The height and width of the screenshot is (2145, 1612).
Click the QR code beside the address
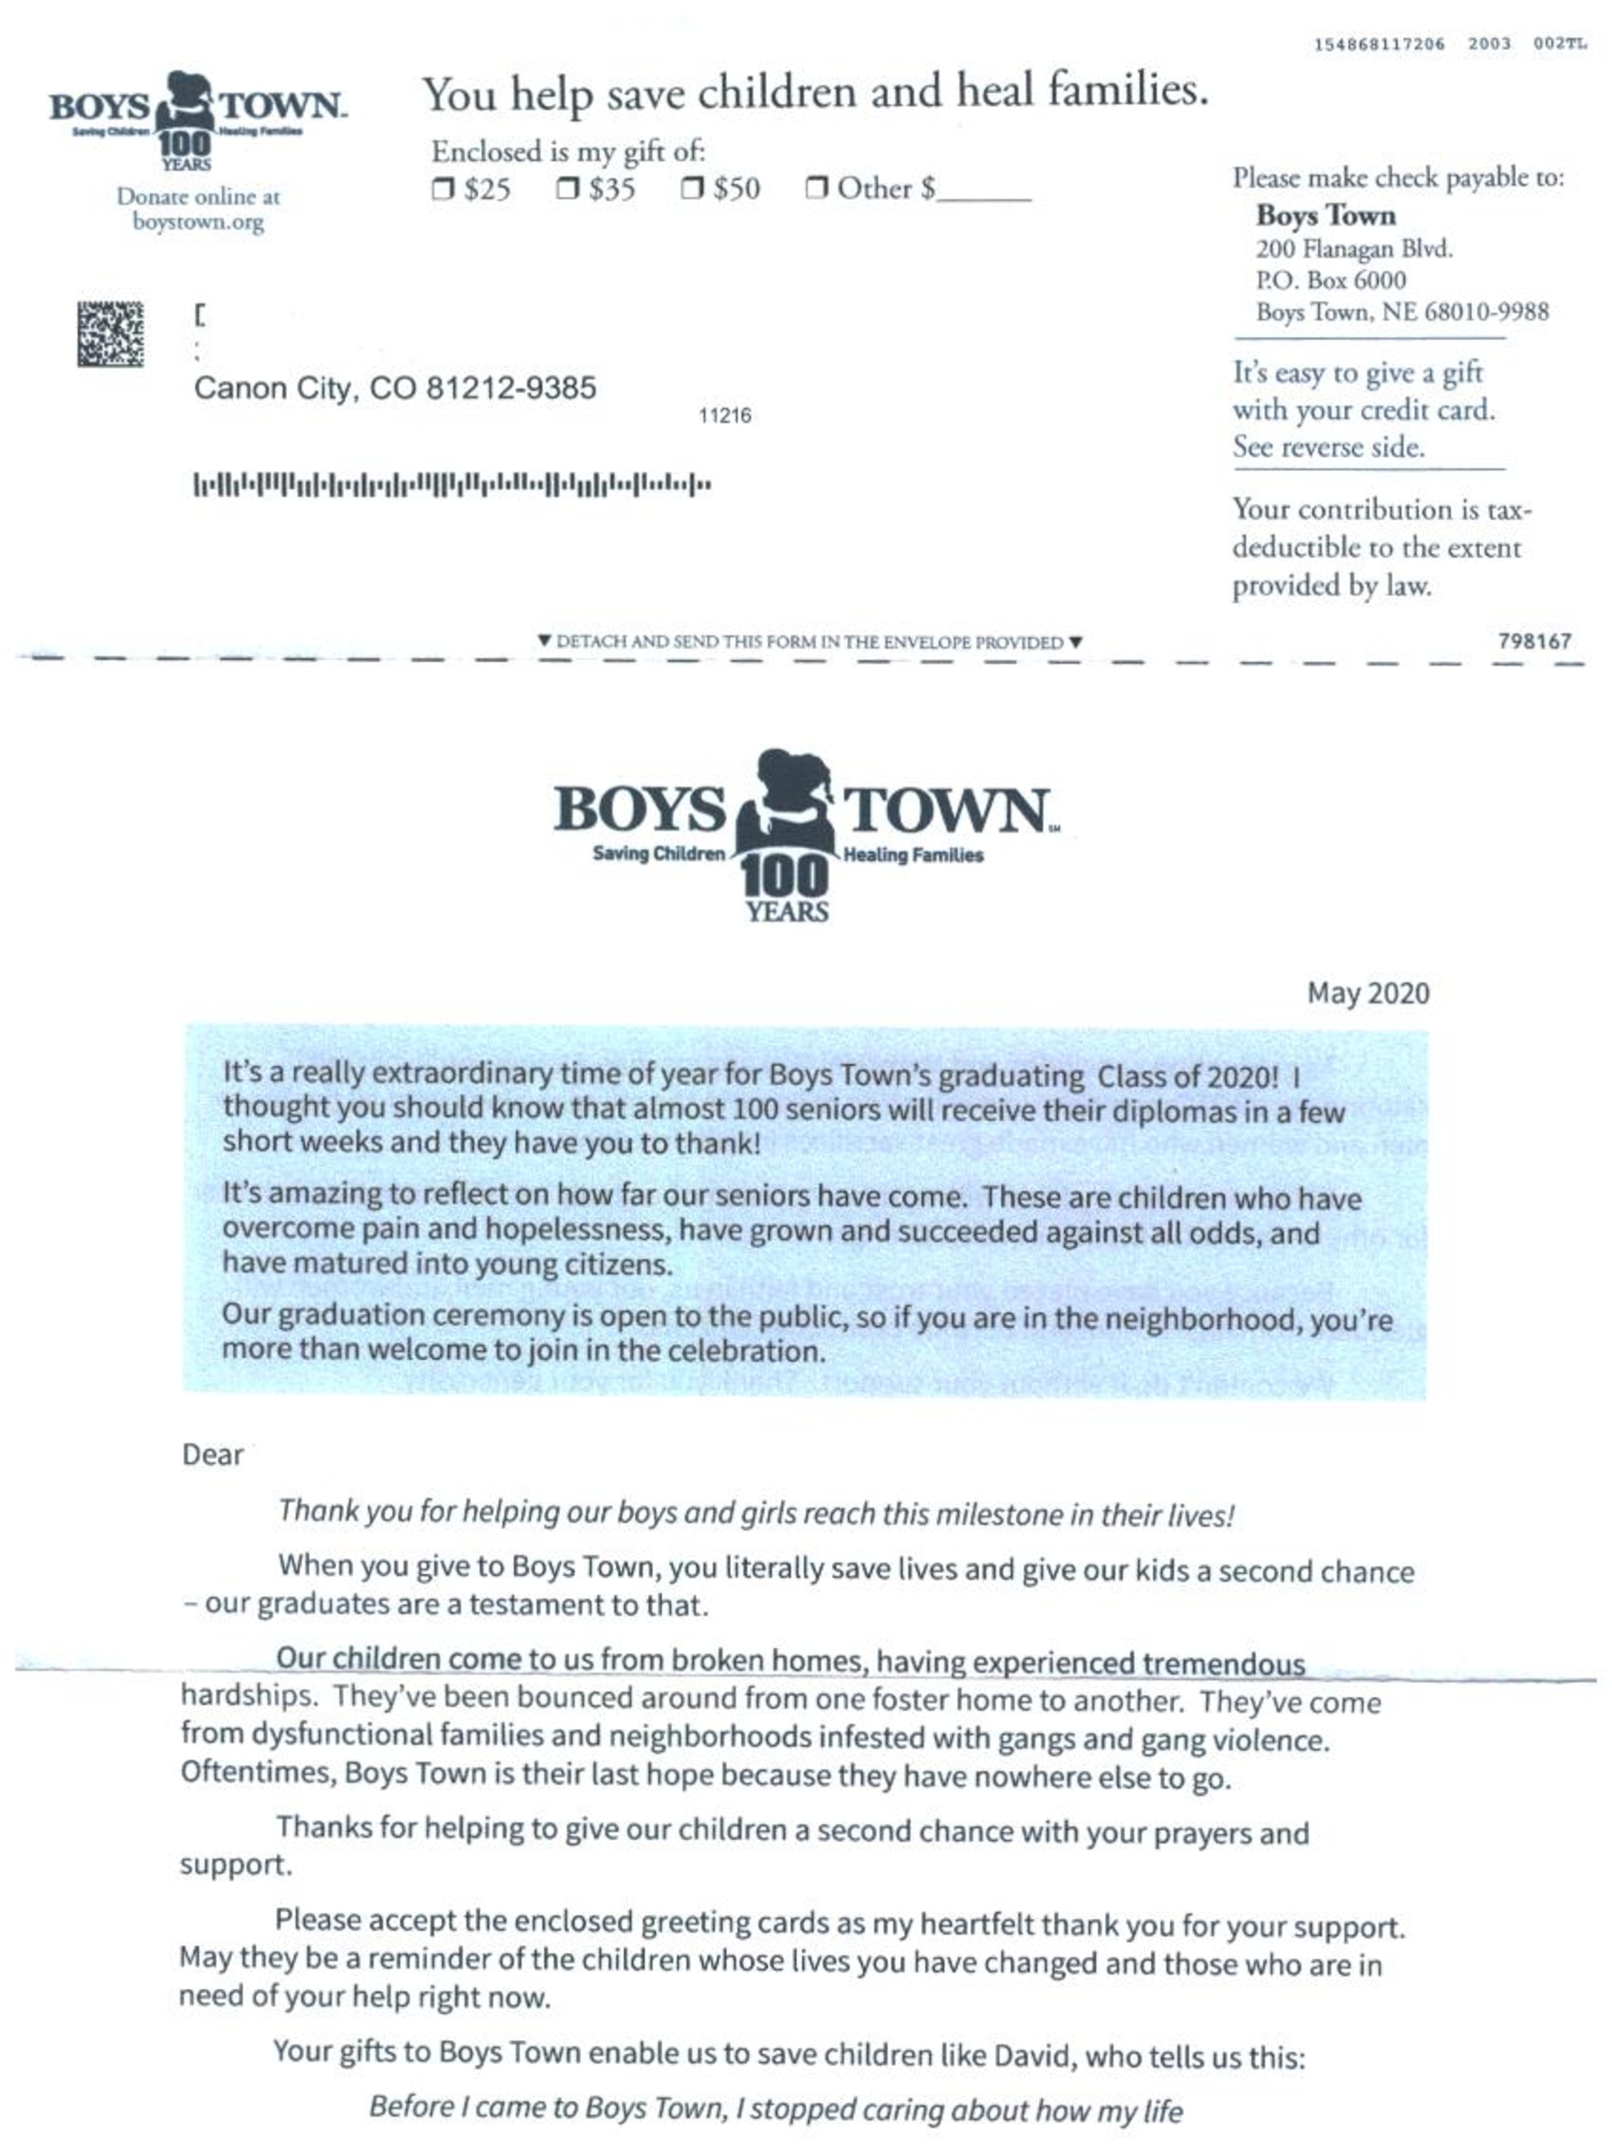(x=111, y=335)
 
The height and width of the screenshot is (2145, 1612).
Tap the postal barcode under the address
(x=452, y=484)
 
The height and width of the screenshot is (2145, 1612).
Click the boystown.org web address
(x=198, y=222)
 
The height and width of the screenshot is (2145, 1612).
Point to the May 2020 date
(x=1368, y=993)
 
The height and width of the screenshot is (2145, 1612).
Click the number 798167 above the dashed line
(x=1534, y=641)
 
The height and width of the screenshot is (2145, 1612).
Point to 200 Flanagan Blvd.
(x=1353, y=249)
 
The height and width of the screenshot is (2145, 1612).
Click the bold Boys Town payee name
(x=1325, y=215)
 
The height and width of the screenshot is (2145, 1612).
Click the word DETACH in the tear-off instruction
(x=591, y=642)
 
